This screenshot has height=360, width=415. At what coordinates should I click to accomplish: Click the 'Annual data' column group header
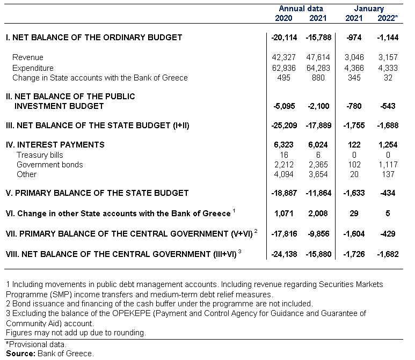coord(301,9)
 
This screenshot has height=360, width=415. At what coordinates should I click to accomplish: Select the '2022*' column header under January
coord(388,18)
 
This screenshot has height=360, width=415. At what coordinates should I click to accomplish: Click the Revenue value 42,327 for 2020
coord(283,57)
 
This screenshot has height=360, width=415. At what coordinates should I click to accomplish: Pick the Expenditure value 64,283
coord(318,68)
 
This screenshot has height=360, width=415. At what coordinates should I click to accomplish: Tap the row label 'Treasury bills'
coord(40,155)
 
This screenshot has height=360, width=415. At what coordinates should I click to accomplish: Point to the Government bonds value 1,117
coord(388,165)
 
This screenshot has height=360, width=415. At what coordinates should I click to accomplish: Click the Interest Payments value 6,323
coord(283,145)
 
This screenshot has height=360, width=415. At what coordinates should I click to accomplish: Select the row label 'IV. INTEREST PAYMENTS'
coord(55,145)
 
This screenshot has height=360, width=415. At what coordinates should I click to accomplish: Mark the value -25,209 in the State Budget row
coord(284,126)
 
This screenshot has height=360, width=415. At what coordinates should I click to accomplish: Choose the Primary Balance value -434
coord(388,193)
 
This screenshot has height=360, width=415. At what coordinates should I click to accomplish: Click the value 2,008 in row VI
coord(318,214)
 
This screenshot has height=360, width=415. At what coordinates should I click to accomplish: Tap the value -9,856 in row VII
coord(319,234)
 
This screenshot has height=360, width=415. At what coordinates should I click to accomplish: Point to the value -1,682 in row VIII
coord(388,254)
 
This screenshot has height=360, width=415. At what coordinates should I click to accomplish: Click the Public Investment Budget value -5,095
coord(284,106)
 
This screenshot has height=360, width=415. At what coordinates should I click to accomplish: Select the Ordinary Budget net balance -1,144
coord(388,38)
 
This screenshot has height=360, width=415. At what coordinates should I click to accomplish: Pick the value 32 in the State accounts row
coord(388,78)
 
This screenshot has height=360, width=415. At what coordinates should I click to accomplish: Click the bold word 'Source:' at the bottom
coord(20,354)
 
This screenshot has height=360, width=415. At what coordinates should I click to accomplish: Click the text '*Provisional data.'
coord(37,344)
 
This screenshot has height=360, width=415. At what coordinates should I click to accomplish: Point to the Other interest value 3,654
coord(318,174)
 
